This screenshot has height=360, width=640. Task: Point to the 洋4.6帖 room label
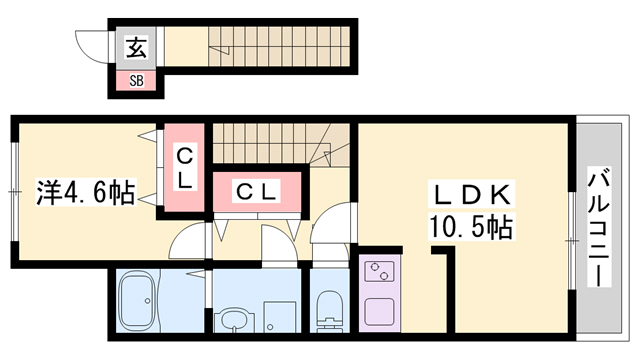pyautogui.click(x=87, y=190)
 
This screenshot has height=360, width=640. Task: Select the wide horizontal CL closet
pyautogui.click(x=257, y=191)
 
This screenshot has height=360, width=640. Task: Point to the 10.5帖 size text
pyautogui.click(x=471, y=227)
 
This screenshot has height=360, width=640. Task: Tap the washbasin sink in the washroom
pyautogui.click(x=234, y=322)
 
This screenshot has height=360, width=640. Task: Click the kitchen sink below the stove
pyautogui.click(x=382, y=309)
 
